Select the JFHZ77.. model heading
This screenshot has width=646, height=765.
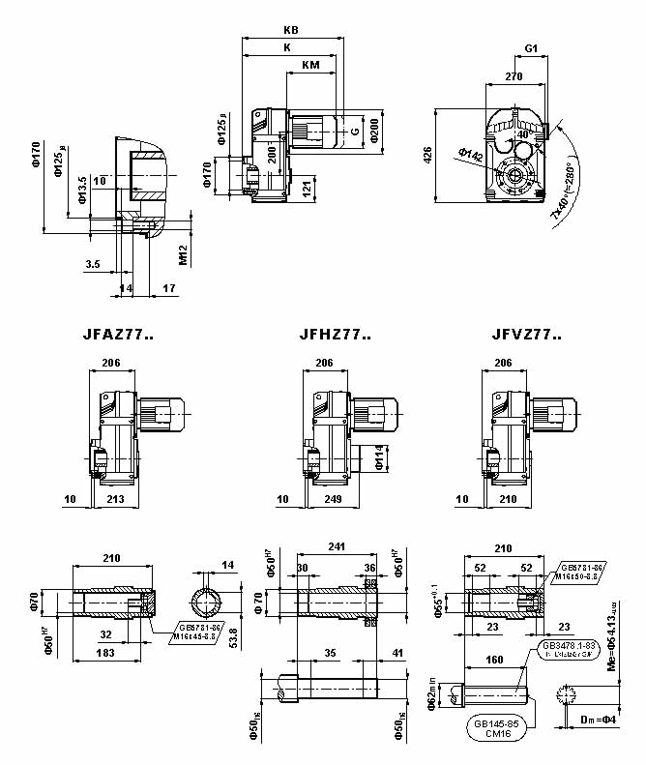336,336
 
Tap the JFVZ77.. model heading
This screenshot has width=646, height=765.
526,336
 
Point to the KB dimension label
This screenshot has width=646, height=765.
292,30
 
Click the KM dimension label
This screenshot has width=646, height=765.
310,65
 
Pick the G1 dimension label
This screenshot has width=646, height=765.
532,47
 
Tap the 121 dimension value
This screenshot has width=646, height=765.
308,186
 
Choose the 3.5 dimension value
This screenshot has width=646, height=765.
93,263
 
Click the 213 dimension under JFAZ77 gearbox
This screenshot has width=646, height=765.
115,499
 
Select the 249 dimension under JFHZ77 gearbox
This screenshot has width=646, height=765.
331,499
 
